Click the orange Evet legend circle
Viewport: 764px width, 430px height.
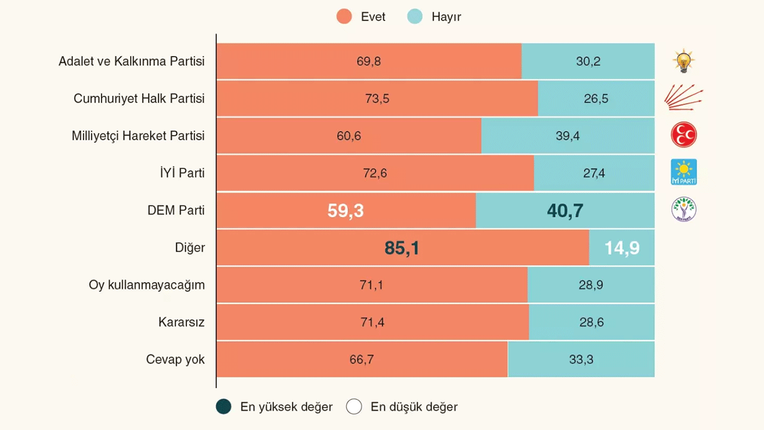(344, 17)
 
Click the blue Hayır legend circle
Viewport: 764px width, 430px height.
(415, 17)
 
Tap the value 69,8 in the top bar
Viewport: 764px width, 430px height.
(369, 62)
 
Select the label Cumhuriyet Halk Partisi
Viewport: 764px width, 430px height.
(139, 99)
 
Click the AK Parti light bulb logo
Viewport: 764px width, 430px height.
(683, 61)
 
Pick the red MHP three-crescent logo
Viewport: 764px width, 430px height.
(683, 135)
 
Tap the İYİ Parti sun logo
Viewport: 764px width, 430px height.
(683, 172)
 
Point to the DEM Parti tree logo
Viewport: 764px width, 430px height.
(683, 210)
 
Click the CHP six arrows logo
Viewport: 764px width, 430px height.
(683, 97)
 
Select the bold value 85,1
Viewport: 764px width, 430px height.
(402, 248)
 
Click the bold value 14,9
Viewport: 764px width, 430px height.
(621, 248)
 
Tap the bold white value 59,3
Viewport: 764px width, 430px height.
(346, 211)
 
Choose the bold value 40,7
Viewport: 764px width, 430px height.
(565, 211)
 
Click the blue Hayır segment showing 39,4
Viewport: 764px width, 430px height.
(568, 136)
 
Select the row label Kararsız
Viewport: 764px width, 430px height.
(181, 322)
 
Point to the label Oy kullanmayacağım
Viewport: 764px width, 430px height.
(147, 285)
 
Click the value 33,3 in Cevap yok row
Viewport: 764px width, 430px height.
(581, 360)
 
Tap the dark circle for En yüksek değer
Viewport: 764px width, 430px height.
(223, 407)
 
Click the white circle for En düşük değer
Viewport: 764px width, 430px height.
(354, 407)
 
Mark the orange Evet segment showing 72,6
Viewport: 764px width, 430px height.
(375, 173)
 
